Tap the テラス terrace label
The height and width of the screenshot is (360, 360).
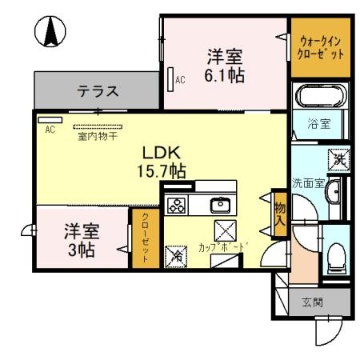99,91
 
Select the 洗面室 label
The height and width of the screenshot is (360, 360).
307,182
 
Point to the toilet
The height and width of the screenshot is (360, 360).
335,257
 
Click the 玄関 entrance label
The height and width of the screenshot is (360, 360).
313,302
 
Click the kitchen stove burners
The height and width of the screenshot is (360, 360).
176,205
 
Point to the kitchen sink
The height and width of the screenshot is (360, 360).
221,205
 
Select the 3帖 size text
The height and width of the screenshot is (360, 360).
81,249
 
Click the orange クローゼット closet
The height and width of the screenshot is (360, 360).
145,235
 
